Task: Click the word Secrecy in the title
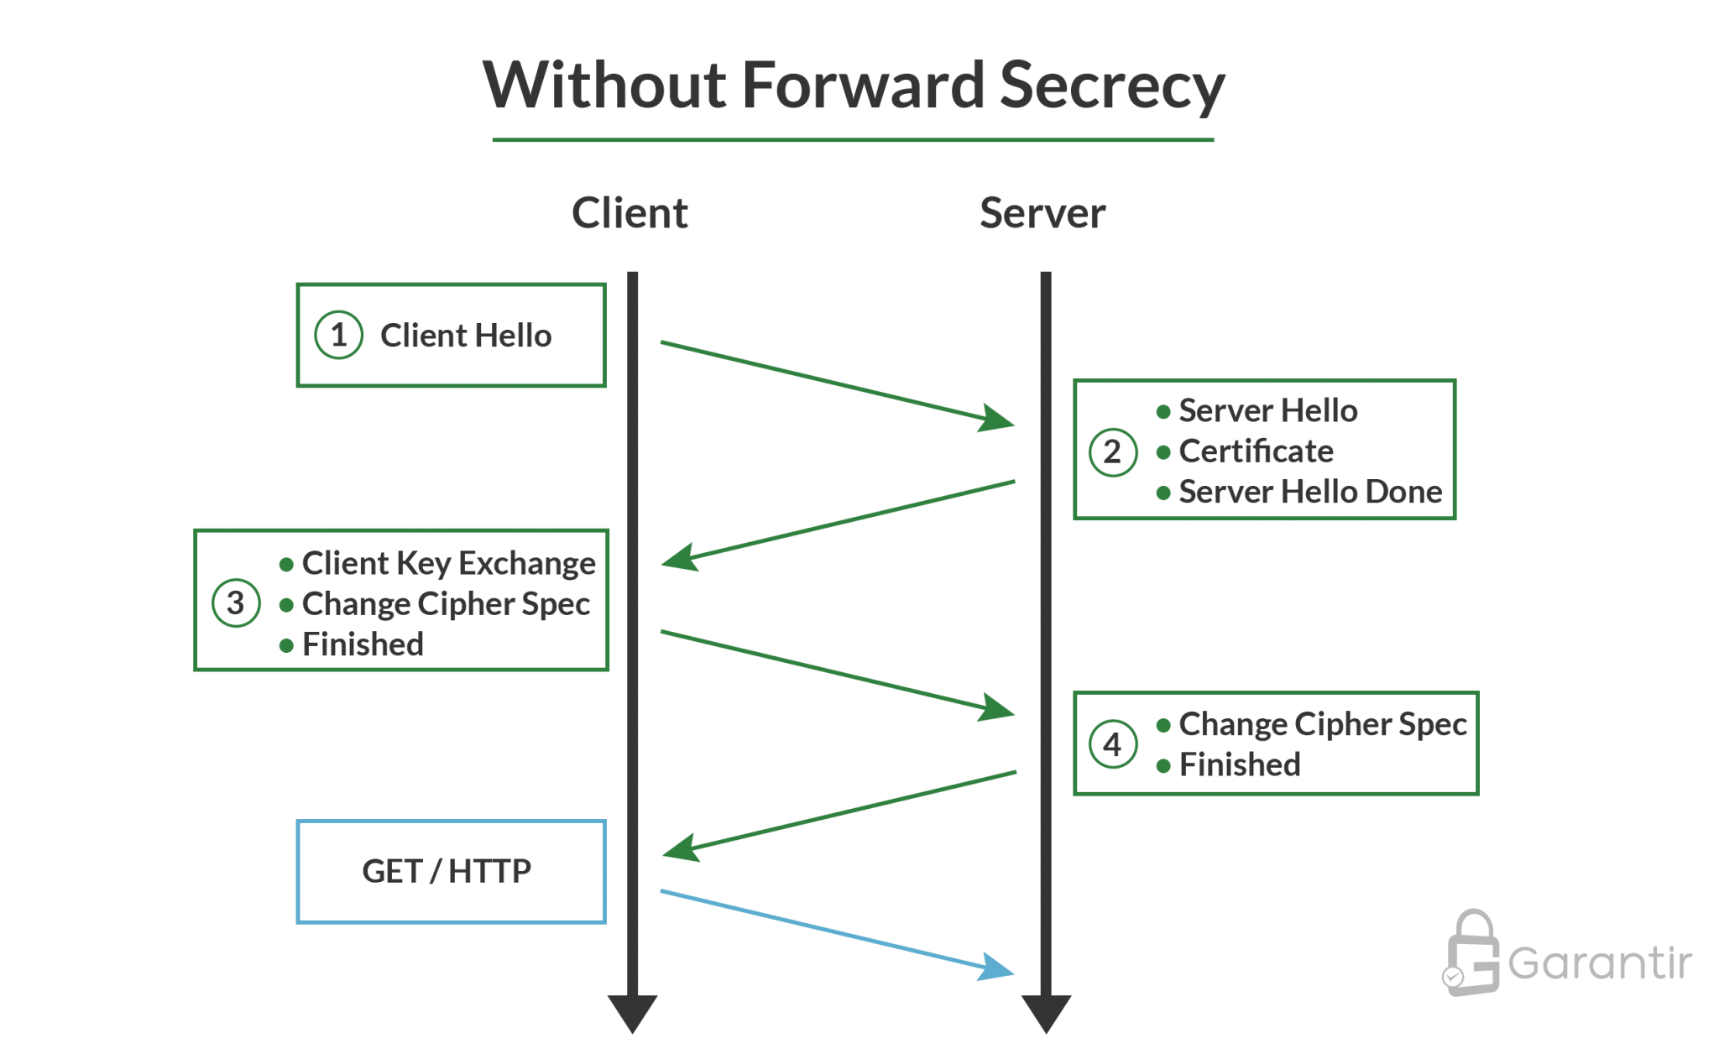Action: [x=1111, y=86]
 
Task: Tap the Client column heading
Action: [x=630, y=213]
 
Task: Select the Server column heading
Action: [x=1042, y=213]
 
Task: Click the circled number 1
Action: [x=338, y=336]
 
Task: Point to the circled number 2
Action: [x=1112, y=451]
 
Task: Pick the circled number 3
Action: [x=235, y=602]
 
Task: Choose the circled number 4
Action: [x=1112, y=744]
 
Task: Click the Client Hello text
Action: [x=466, y=336]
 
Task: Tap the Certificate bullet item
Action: [x=1256, y=451]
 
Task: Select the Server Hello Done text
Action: [x=1309, y=492]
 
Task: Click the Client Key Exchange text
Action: [x=448, y=563]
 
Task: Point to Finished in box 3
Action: [x=363, y=644]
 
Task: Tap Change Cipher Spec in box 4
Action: [x=1322, y=724]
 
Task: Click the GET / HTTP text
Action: [x=447, y=871]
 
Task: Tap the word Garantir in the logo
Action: [x=1600, y=962]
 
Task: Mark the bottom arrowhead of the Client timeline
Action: [x=632, y=1012]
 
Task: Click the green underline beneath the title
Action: [x=852, y=140]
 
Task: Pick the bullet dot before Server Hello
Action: [x=1163, y=411]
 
